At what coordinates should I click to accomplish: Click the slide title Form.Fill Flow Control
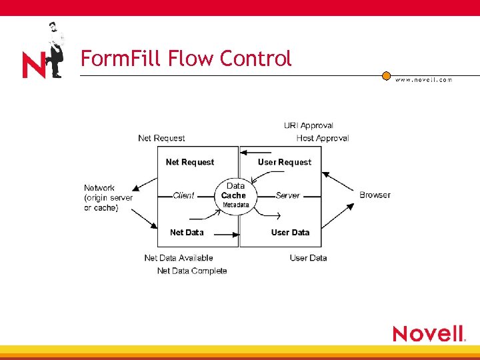tap(186, 59)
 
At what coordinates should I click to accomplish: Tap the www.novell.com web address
tap(423, 79)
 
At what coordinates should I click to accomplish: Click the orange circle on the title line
tap(386, 76)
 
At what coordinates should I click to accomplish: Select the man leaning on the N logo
tap(54, 49)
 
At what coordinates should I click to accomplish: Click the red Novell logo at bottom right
tap(428, 333)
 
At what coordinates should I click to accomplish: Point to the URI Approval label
tap(308, 125)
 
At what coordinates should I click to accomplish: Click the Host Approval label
tap(323, 138)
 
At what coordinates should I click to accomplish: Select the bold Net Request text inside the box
tap(190, 162)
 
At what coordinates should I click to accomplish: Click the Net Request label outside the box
tap(161, 138)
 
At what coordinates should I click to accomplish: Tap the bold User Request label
tap(285, 162)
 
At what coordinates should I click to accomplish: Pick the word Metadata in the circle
tap(235, 205)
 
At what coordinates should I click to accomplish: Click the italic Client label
tap(183, 195)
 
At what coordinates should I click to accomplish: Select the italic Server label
tap(288, 195)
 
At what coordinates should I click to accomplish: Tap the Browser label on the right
tap(375, 195)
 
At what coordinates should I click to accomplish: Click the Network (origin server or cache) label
tap(108, 198)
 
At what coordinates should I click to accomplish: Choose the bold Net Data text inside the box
tap(187, 232)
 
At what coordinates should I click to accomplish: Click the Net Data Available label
tap(179, 258)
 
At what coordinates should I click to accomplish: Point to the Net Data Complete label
tap(192, 271)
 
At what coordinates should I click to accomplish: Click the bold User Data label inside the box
tap(290, 232)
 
